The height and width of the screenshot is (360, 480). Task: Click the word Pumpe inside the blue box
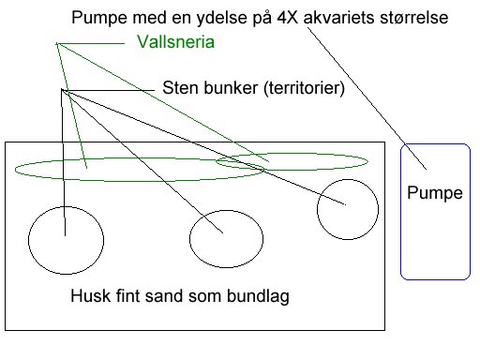click(436, 194)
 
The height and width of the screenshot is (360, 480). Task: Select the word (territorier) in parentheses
click(300, 90)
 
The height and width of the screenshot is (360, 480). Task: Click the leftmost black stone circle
click(64, 240)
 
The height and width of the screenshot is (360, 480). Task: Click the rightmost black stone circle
click(347, 208)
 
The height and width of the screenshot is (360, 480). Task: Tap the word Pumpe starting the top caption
click(97, 18)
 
